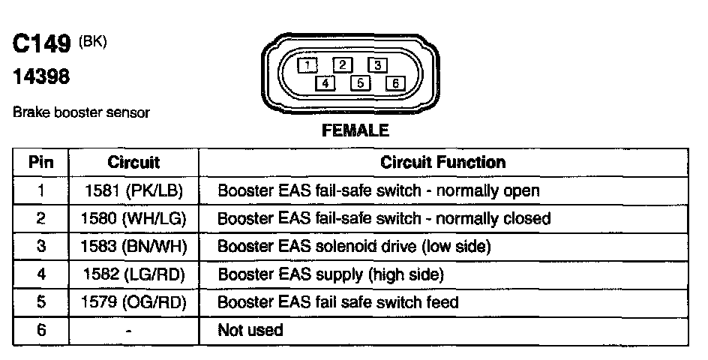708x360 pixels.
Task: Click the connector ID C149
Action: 42,46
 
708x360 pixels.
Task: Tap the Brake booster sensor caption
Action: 82,112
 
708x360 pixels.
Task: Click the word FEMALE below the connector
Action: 355,130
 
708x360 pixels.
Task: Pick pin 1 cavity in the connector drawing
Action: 308,64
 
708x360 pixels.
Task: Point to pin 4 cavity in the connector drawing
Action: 325,82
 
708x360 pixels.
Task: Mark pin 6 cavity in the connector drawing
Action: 394,82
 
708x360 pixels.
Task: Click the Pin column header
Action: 40,162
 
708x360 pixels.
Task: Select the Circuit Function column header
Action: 442,162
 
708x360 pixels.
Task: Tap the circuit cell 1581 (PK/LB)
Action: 133,190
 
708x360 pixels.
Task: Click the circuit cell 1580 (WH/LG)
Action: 133,218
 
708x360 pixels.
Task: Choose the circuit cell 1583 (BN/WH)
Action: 133,247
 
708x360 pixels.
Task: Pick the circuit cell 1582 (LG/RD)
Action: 133,274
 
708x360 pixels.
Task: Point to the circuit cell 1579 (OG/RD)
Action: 133,302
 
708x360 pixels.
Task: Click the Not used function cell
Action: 250,330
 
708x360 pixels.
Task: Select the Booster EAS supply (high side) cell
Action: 330,274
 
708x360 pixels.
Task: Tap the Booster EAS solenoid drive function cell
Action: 354,247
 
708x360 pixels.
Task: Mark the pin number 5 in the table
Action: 40,302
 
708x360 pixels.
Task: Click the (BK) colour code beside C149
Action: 93,42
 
